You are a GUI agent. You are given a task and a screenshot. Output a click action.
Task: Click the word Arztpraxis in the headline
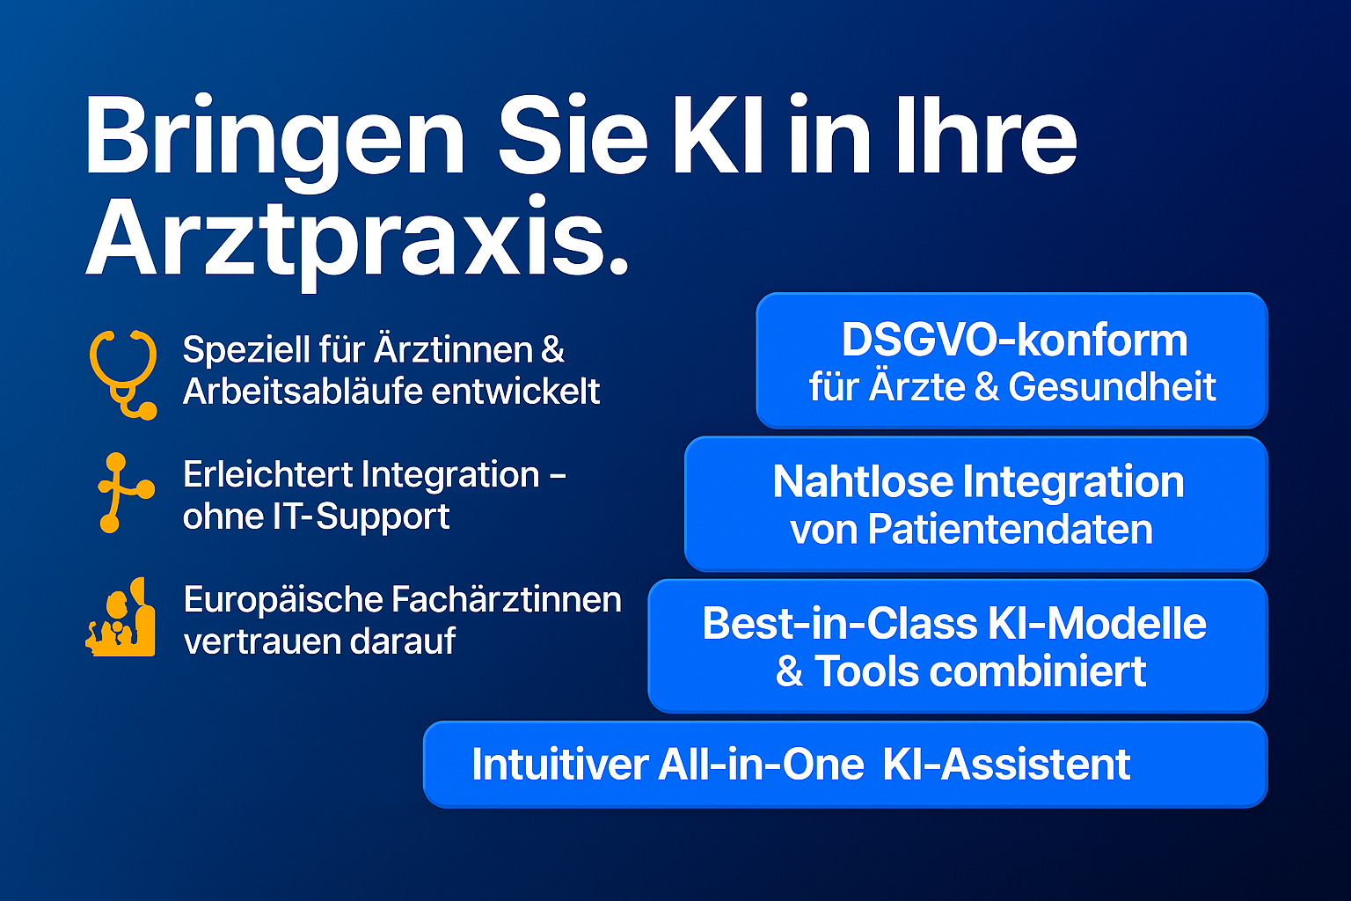click(x=356, y=241)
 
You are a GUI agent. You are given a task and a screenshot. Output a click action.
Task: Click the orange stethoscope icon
click(x=124, y=374)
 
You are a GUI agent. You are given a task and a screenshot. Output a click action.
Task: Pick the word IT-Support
click(x=361, y=516)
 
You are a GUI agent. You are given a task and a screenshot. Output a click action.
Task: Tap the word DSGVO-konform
click(x=1014, y=340)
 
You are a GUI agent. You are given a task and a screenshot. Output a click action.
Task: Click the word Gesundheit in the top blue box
click(x=1112, y=386)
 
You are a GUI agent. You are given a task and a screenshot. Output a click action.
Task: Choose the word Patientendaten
click(x=1011, y=530)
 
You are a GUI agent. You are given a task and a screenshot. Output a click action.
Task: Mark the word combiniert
click(x=1037, y=671)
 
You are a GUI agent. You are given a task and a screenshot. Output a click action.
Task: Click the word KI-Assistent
click(x=1006, y=765)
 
